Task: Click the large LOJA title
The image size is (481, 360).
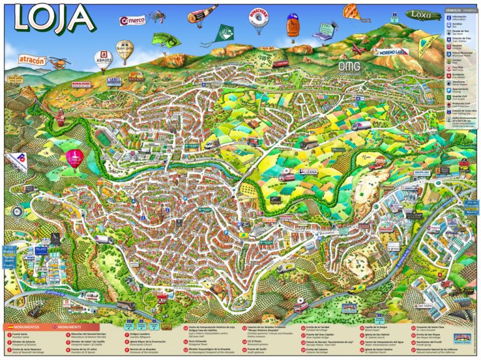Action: [x=54, y=18]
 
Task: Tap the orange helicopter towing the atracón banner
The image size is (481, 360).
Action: [x=58, y=62]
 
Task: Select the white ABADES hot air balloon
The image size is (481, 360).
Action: [x=102, y=60]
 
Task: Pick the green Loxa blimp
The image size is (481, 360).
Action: [x=421, y=14]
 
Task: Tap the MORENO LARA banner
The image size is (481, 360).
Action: [x=391, y=52]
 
